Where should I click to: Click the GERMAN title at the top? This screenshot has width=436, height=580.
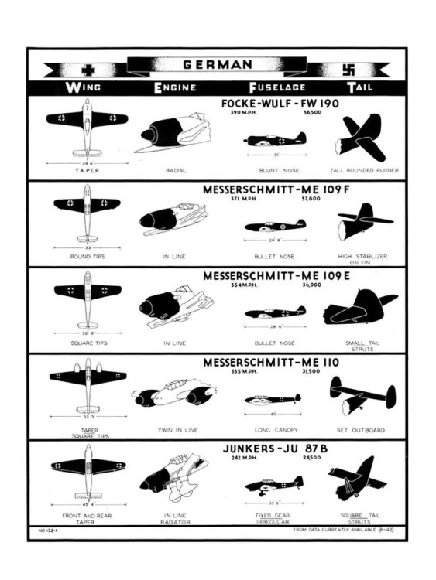pos(217,64)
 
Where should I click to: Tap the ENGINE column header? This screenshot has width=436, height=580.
pos(174,87)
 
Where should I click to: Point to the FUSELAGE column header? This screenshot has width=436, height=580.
pos(276,87)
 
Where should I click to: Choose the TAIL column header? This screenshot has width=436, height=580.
pos(359,87)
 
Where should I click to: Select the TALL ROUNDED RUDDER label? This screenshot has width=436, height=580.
pos(359,169)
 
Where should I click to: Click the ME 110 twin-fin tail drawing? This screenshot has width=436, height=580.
pos(359,394)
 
